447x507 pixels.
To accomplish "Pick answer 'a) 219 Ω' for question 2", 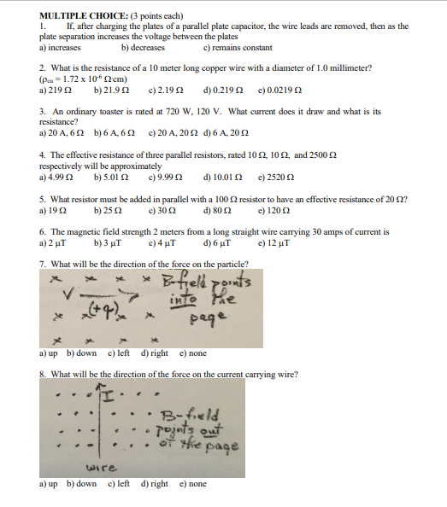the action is click(x=55, y=89).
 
